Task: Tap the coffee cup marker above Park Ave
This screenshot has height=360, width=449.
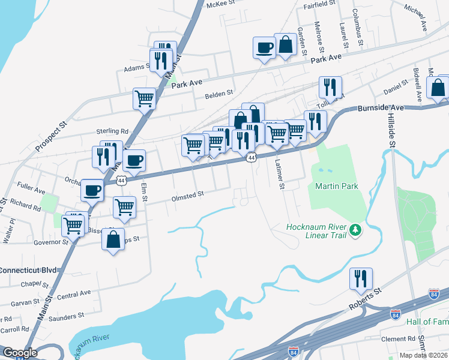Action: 264,47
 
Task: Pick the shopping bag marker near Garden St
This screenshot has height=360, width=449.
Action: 286,44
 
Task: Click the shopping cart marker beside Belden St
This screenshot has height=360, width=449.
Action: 144,98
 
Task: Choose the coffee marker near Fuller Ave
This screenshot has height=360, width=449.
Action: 92,191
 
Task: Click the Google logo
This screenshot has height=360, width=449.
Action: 20,353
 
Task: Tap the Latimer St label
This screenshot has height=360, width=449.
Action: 279,172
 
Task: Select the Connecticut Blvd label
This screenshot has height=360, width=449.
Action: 29,271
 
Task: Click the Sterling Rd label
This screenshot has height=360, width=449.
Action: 112,131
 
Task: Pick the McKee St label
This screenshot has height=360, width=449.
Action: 219,4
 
